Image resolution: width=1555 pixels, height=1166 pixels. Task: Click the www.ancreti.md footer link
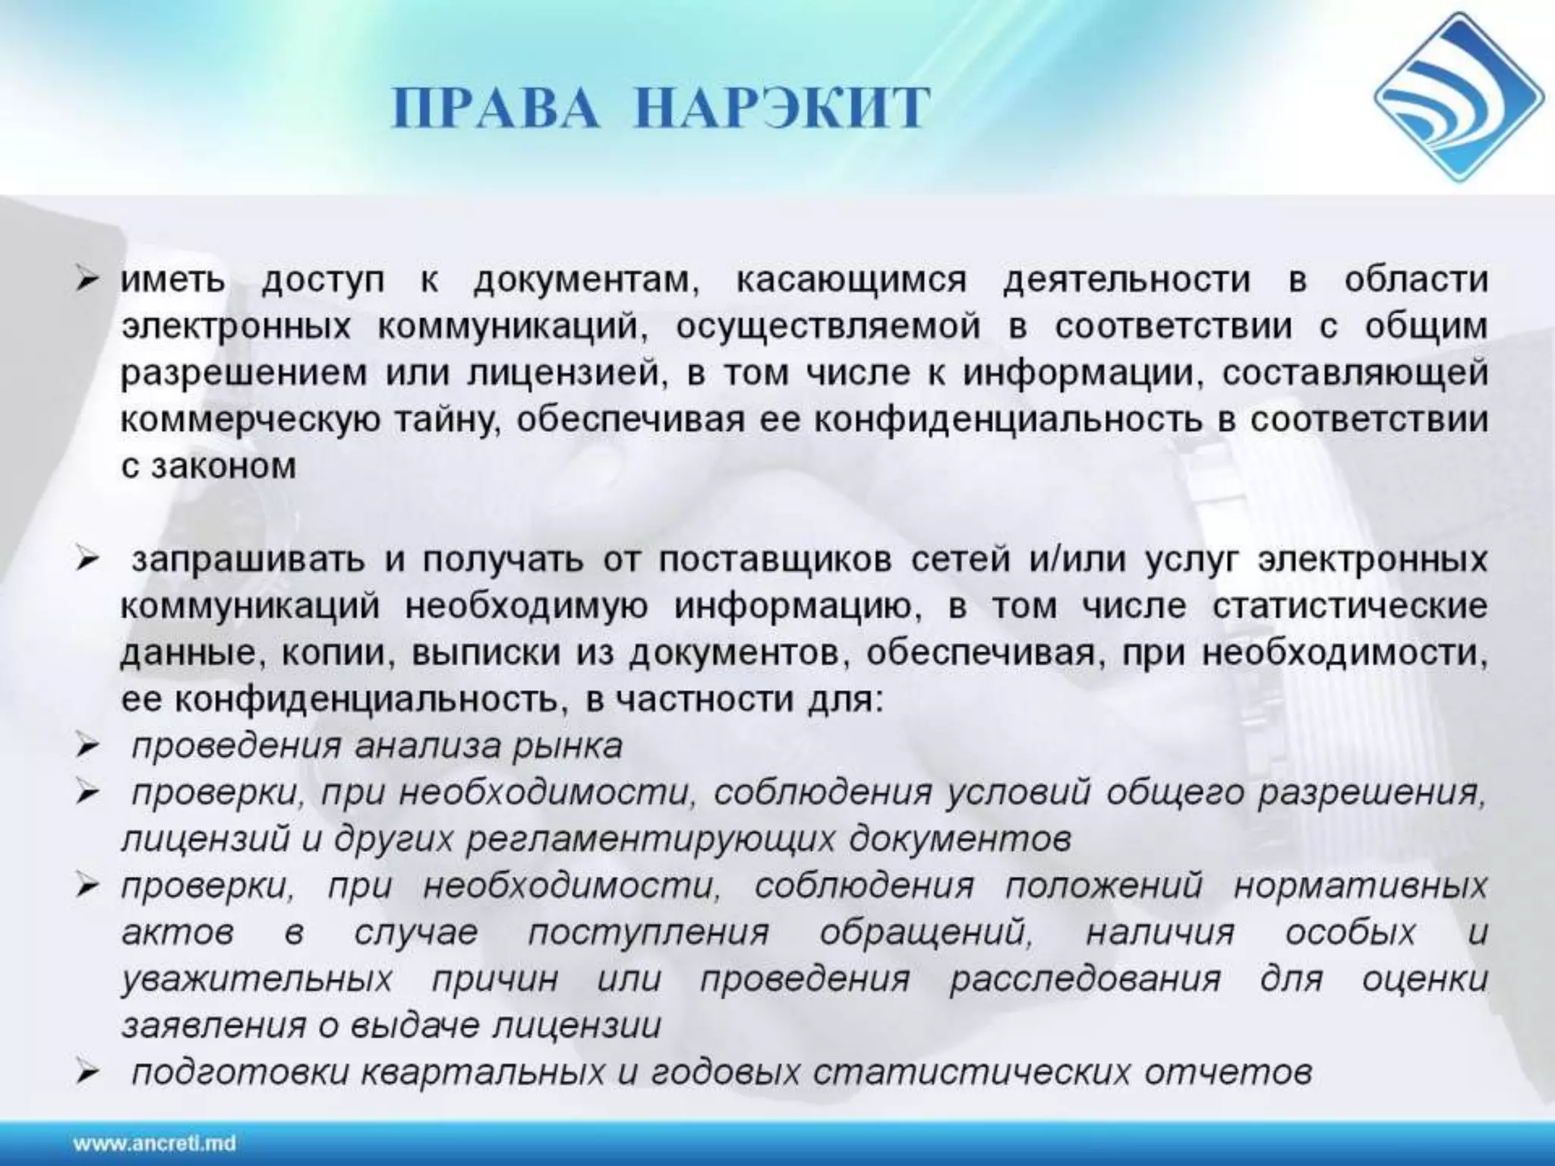pyautogui.click(x=155, y=1142)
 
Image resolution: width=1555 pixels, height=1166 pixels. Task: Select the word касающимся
pyautogui.click(x=851, y=280)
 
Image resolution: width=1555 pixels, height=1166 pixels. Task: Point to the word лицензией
pyautogui.click(x=563, y=373)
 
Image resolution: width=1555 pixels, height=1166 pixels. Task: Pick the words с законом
pyautogui.click(x=209, y=466)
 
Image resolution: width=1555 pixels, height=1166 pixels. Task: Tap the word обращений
pyautogui.click(x=926, y=932)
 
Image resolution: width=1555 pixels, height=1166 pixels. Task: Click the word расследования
pyautogui.click(x=1085, y=978)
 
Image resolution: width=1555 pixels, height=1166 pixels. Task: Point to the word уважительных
pyautogui.click(x=257, y=978)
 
